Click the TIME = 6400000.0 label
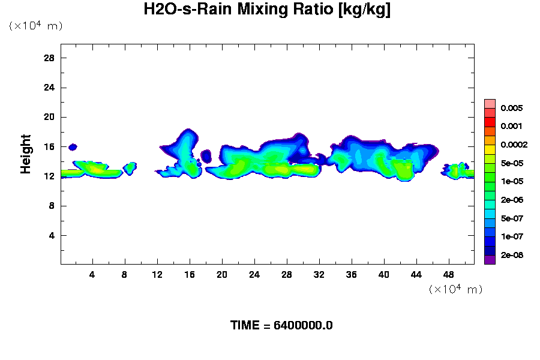(281, 325)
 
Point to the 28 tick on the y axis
(50, 58)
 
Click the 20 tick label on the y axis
(50, 117)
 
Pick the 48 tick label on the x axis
(448, 275)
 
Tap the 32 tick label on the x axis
(319, 275)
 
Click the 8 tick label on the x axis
(125, 275)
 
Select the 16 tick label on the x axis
(190, 275)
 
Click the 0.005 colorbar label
(511, 108)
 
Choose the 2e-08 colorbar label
(511, 255)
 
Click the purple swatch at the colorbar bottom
(490, 260)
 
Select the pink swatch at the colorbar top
(490, 104)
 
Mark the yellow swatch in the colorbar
(490, 149)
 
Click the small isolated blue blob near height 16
(73, 146)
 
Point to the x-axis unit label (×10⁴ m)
(455, 289)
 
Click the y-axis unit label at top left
(35, 26)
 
